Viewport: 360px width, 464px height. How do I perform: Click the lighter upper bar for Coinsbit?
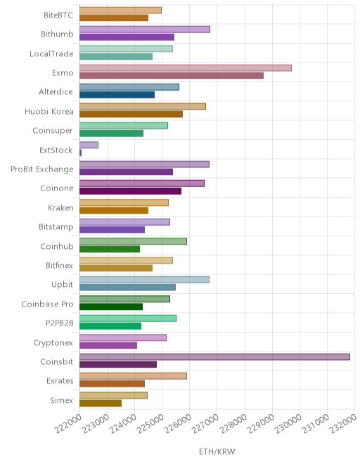pos(214,357)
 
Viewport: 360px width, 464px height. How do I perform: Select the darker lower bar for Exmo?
pos(172,76)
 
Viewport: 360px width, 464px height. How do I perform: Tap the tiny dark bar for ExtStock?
pos(81,153)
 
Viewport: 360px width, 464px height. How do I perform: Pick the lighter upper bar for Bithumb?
pos(145,30)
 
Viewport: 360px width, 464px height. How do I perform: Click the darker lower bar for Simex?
pos(101,403)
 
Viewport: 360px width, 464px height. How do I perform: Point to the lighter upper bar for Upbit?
pos(144,280)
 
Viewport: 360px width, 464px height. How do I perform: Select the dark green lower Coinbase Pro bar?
pos(111,307)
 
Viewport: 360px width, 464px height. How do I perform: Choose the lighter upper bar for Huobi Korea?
pos(143,106)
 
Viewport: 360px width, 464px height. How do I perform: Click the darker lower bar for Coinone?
pos(130,191)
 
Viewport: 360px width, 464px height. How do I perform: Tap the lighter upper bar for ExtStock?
pos(89,145)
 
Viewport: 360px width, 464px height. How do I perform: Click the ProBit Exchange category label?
pos(42,169)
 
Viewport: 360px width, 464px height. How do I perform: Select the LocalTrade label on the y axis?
pos(51,53)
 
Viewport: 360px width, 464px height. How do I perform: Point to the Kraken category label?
pos(60,207)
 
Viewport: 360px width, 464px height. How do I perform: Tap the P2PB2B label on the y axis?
pos(60,323)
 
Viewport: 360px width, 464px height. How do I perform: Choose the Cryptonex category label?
pos(53,342)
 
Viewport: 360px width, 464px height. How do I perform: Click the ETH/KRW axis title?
pos(217,451)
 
